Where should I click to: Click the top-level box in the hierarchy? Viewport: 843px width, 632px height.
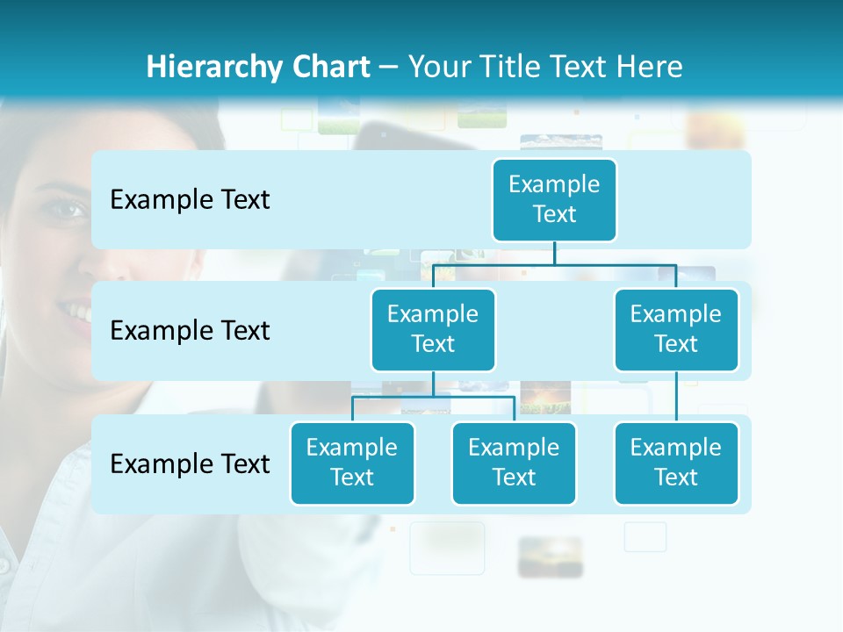pyautogui.click(x=554, y=199)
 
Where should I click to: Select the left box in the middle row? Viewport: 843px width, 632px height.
pyautogui.click(x=433, y=329)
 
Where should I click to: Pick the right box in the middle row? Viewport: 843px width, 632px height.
pyautogui.click(x=676, y=329)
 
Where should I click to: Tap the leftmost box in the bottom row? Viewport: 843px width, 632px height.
pyautogui.click(x=352, y=463)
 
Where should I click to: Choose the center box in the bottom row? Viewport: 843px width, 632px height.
pyautogui.click(x=514, y=463)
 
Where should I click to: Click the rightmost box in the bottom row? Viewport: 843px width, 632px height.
pyautogui.click(x=676, y=463)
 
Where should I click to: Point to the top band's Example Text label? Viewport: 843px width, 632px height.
pyautogui.click(x=190, y=199)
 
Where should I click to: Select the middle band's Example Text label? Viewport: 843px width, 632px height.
pyautogui.click(x=190, y=330)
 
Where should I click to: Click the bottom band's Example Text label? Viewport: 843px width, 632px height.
pyautogui.click(x=190, y=463)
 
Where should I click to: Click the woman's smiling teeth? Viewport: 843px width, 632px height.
pyautogui.click(x=79, y=312)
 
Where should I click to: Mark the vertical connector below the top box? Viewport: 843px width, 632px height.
pyautogui.click(x=554, y=253)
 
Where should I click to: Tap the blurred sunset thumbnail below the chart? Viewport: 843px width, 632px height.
pyautogui.click(x=551, y=557)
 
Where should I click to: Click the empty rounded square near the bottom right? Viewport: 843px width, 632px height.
pyautogui.click(x=645, y=537)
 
